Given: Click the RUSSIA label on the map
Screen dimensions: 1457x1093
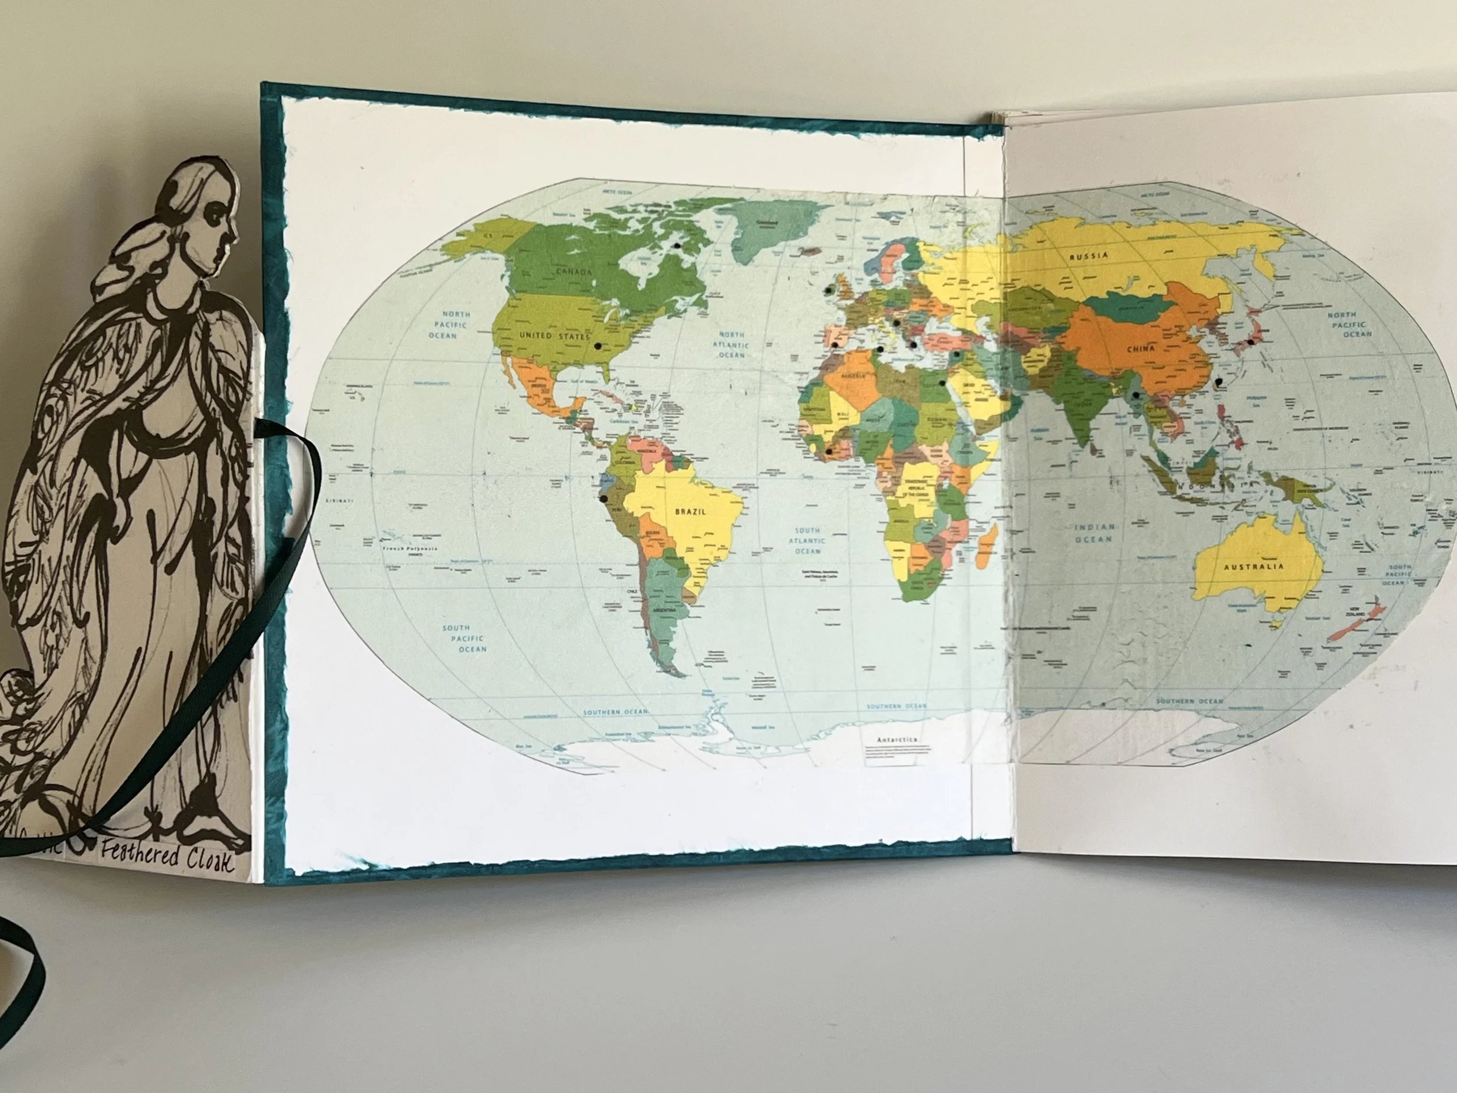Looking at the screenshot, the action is (x=1088, y=256).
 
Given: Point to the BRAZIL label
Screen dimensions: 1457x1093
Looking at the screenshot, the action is (x=689, y=511).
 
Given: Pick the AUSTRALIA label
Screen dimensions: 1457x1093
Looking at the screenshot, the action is (x=1254, y=567).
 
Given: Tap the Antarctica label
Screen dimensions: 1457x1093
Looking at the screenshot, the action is (x=896, y=740).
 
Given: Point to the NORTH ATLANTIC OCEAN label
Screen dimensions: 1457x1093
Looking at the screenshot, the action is (x=731, y=345).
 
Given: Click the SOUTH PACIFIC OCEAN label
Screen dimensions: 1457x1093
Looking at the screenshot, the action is (x=464, y=638).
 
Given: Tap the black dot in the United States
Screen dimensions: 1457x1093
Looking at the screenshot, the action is (x=597, y=346).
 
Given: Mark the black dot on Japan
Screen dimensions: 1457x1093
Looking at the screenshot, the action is (x=1250, y=342).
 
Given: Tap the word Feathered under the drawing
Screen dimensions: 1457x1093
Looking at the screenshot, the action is (x=140, y=857).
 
